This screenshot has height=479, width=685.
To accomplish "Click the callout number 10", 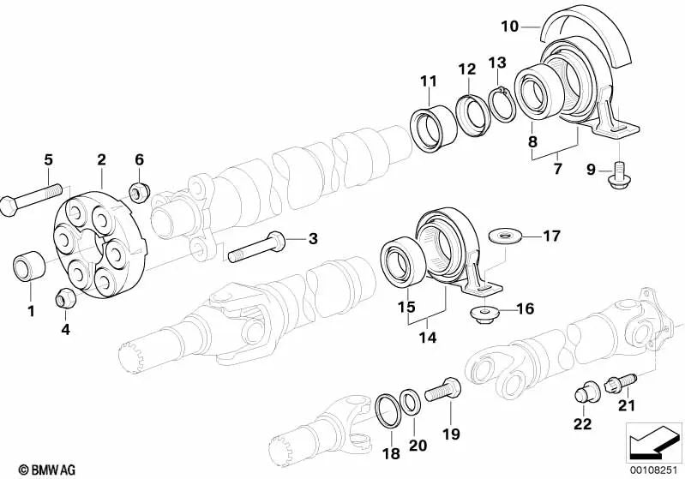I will (509, 27).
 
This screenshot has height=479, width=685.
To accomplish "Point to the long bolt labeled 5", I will (34, 201).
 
